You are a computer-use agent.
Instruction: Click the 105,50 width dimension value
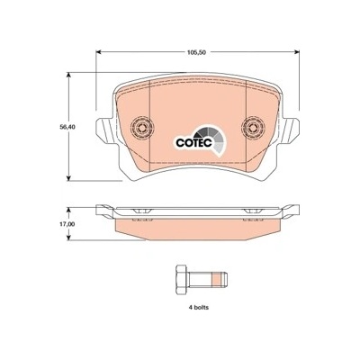point(196,52)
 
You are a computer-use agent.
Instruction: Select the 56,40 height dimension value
point(67,127)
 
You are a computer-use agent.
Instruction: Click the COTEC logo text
point(194,142)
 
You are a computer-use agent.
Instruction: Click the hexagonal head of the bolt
point(183,280)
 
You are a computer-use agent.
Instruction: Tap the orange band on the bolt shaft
point(216,280)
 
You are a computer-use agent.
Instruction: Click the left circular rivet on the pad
point(142,128)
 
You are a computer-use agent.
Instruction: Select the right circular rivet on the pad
point(254,128)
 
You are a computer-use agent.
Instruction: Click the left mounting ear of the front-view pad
point(104,130)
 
